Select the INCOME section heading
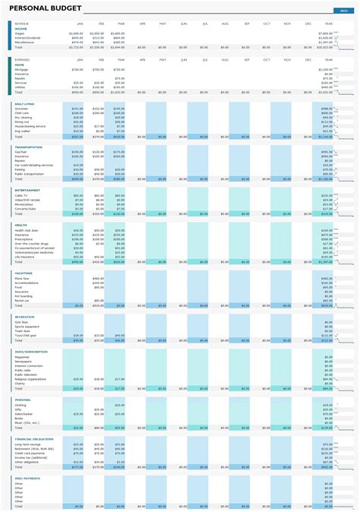(21, 29)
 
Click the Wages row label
(20, 33)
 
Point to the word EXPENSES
(22, 58)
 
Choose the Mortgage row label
(22, 69)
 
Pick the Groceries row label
(22, 109)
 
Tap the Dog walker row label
(23, 131)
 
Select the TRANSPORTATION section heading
(28, 147)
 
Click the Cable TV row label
(21, 195)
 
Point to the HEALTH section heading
(21, 224)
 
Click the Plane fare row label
(22, 279)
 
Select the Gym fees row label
(21, 322)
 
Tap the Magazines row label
(23, 356)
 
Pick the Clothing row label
(21, 405)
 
